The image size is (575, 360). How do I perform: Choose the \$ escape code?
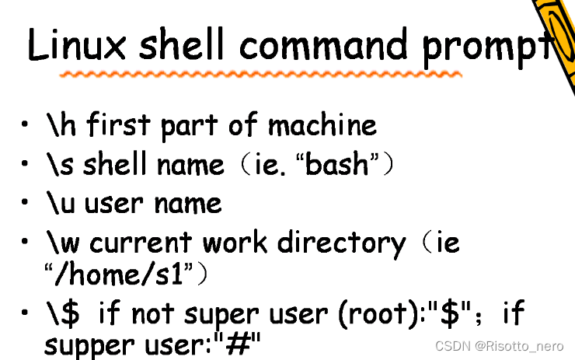pyautogui.click(x=63, y=314)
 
